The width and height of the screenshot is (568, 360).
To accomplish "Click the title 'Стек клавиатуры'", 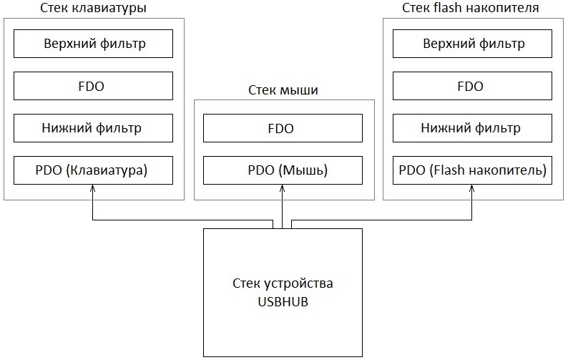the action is click(x=93, y=8).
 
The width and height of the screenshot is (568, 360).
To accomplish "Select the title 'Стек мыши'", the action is click(x=283, y=90).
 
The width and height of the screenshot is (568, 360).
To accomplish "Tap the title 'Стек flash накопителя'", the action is click(x=471, y=7).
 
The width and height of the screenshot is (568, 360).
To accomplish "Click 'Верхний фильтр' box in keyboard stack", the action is click(x=93, y=44).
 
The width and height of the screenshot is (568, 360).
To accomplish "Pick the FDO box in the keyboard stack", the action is click(x=93, y=86).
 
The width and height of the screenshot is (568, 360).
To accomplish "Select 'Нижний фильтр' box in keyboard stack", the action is click(x=93, y=128).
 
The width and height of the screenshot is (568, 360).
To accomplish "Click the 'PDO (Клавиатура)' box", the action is click(x=93, y=170).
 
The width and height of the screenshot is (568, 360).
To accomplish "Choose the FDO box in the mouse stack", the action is click(x=283, y=128).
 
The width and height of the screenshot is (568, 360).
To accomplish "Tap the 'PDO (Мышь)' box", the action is click(x=283, y=170).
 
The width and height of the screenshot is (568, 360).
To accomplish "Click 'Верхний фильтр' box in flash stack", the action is click(x=472, y=44).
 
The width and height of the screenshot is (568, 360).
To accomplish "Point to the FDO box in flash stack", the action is click(x=472, y=86).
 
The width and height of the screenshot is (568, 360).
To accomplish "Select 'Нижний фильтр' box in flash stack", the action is click(x=472, y=128).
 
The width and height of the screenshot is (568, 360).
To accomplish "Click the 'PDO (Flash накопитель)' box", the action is click(x=472, y=170).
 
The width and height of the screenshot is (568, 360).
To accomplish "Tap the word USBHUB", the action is click(x=283, y=302).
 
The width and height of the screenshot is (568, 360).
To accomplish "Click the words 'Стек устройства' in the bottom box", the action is click(x=283, y=283).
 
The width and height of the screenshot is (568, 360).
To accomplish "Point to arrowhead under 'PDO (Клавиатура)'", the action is click(x=93, y=188).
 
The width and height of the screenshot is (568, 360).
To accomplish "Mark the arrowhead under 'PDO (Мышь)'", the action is click(x=282, y=188).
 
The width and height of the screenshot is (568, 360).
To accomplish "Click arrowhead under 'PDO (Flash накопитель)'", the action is click(x=471, y=188).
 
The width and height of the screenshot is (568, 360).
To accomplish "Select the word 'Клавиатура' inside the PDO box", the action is click(x=107, y=170).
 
